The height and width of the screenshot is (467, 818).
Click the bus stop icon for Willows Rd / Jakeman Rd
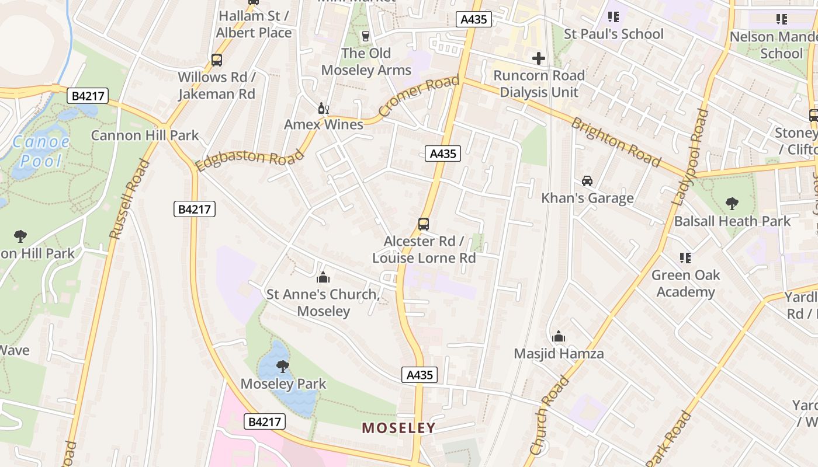(216, 60)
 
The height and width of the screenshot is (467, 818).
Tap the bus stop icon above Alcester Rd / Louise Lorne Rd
(424, 224)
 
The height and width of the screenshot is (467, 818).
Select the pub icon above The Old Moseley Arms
(366, 36)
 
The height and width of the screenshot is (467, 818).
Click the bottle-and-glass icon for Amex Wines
(323, 108)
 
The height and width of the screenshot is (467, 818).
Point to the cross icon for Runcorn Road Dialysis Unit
(539, 58)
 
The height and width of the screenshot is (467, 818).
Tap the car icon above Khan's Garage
(587, 181)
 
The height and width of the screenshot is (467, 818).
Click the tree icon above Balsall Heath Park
(732, 204)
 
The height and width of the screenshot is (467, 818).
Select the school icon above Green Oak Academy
(685, 257)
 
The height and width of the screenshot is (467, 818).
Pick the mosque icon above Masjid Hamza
(559, 336)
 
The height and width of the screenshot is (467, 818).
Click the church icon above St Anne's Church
(323, 277)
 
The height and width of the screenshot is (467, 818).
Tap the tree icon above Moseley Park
(283, 367)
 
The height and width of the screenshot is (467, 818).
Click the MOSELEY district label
(398, 428)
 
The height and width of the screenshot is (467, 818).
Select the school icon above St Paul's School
(613, 17)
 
